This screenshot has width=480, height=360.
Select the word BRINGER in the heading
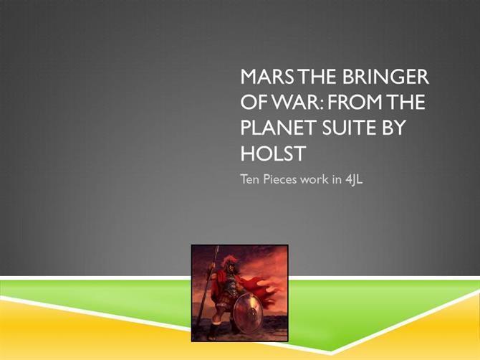tap(385, 77)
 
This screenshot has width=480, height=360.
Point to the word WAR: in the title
tap(294, 102)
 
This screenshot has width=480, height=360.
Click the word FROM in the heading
tap(355, 102)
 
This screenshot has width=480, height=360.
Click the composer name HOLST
tap(273, 153)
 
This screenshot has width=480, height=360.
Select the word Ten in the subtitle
tap(250, 179)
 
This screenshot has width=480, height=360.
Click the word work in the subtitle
tap(314, 179)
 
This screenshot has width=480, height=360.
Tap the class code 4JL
tap(354, 179)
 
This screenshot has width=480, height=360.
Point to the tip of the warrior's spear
tap(218, 247)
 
